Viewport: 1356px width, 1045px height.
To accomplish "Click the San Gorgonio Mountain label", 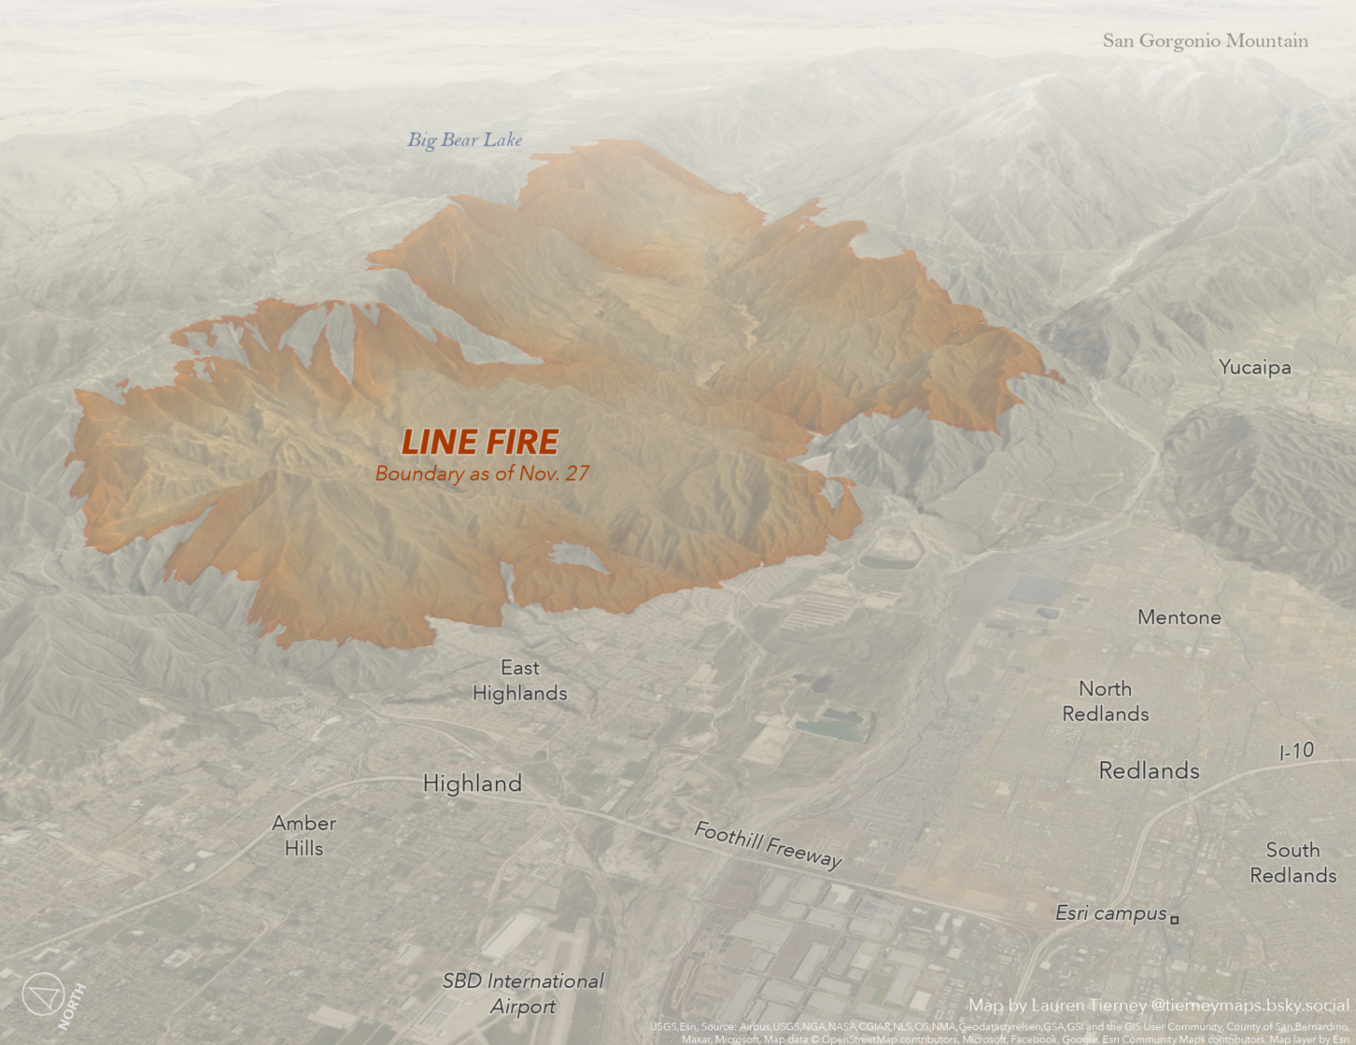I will pyautogui.click(x=1205, y=41).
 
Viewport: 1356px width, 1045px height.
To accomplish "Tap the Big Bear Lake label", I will pyautogui.click(x=464, y=140).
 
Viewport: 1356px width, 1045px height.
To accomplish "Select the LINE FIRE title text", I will pyautogui.click(x=480, y=442).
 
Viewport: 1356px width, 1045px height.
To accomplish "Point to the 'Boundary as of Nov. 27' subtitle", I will pyautogui.click(x=482, y=473).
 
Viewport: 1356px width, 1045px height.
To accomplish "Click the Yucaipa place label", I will pyautogui.click(x=1254, y=367).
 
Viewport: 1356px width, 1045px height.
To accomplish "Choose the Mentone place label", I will pyautogui.click(x=1179, y=617).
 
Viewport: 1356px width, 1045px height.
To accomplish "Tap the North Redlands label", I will pyautogui.click(x=1105, y=701).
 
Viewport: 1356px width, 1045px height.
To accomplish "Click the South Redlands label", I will pyautogui.click(x=1292, y=863).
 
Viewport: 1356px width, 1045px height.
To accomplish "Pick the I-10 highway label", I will pyautogui.click(x=1296, y=751).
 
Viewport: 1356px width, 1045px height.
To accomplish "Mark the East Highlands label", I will pyautogui.click(x=519, y=681).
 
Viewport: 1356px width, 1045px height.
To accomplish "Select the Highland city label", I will pyautogui.click(x=472, y=784).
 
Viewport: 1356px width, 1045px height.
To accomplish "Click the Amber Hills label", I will pyautogui.click(x=304, y=836).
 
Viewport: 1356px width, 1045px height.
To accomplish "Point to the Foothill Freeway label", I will pyautogui.click(x=768, y=844).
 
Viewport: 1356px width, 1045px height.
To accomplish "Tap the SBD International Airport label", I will pyautogui.click(x=523, y=994).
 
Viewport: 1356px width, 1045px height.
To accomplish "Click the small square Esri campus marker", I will pyautogui.click(x=1175, y=920).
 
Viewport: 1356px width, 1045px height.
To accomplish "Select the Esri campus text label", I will pyautogui.click(x=1110, y=913).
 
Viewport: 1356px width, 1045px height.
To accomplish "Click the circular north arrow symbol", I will pyautogui.click(x=43, y=994).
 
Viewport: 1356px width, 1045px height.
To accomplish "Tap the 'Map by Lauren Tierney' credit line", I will pyautogui.click(x=1158, y=1006).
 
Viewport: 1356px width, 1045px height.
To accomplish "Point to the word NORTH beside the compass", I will pyautogui.click(x=72, y=1006).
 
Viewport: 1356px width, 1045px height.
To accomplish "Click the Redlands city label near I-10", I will pyautogui.click(x=1149, y=770).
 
